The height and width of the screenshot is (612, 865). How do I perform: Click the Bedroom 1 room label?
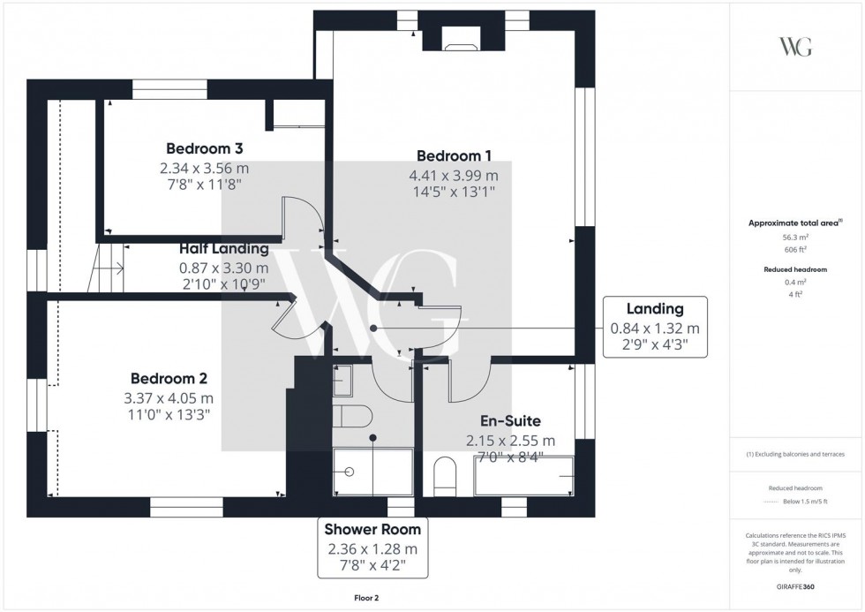(x=454, y=156)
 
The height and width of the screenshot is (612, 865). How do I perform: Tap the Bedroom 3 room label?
(x=204, y=148)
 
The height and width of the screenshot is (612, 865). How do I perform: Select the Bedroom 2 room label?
(x=169, y=379)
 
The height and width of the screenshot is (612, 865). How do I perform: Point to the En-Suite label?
(x=510, y=421)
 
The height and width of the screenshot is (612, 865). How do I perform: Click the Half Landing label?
(x=224, y=249)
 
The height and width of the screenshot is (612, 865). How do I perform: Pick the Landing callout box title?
(x=655, y=308)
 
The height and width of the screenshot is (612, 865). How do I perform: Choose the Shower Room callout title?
(x=372, y=529)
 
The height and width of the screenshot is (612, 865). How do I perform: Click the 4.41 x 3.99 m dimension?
(x=454, y=176)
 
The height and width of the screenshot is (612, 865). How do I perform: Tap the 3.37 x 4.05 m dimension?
(x=169, y=398)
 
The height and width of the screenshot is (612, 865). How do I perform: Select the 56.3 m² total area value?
(x=795, y=238)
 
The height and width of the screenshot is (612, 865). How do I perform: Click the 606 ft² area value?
(x=795, y=249)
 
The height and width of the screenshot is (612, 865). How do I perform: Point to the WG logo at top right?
(x=795, y=47)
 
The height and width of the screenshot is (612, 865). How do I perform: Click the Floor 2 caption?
(x=366, y=598)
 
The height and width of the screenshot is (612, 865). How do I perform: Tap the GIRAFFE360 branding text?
(x=795, y=586)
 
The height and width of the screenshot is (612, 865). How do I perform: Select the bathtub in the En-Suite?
(x=524, y=476)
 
